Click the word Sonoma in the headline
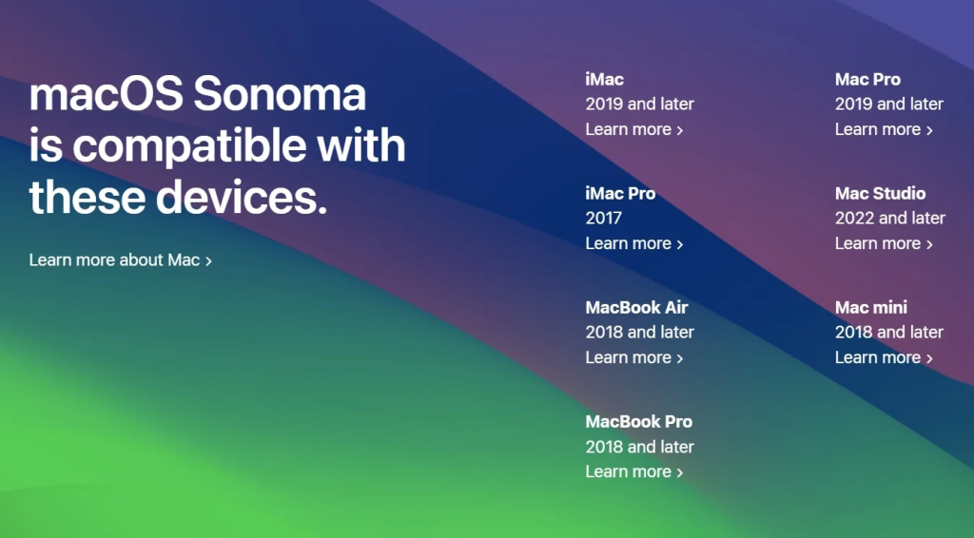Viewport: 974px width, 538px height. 280,94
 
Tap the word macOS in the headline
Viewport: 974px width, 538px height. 107,94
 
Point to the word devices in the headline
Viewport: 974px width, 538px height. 241,197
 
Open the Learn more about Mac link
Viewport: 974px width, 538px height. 121,260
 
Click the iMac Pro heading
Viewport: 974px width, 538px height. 620,194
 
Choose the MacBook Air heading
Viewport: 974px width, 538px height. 636,308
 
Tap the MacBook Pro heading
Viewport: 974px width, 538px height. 638,422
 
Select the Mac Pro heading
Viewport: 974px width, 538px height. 867,80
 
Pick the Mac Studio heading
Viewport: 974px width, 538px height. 880,194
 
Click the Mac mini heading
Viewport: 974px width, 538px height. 871,308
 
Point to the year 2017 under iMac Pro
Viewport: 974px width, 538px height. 603,219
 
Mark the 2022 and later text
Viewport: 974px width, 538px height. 890,219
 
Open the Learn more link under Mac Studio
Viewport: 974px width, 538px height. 884,244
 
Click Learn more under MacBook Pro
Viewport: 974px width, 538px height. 634,472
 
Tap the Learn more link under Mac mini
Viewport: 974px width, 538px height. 884,358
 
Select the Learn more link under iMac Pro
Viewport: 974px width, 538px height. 634,244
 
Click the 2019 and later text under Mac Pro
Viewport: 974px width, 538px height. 889,105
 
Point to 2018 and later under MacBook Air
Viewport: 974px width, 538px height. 639,333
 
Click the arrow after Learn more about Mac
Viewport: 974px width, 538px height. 208,261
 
